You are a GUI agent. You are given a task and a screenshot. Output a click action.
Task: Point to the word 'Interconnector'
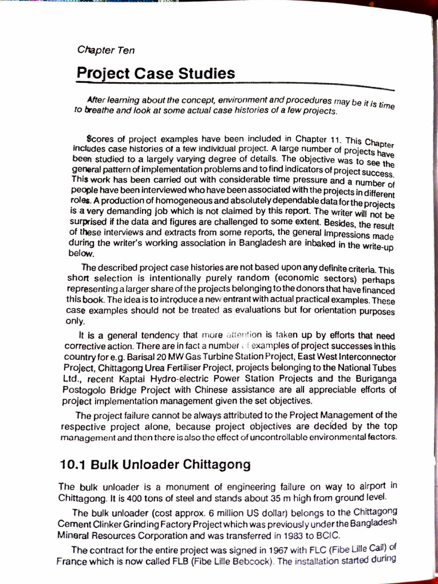point(359,357)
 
